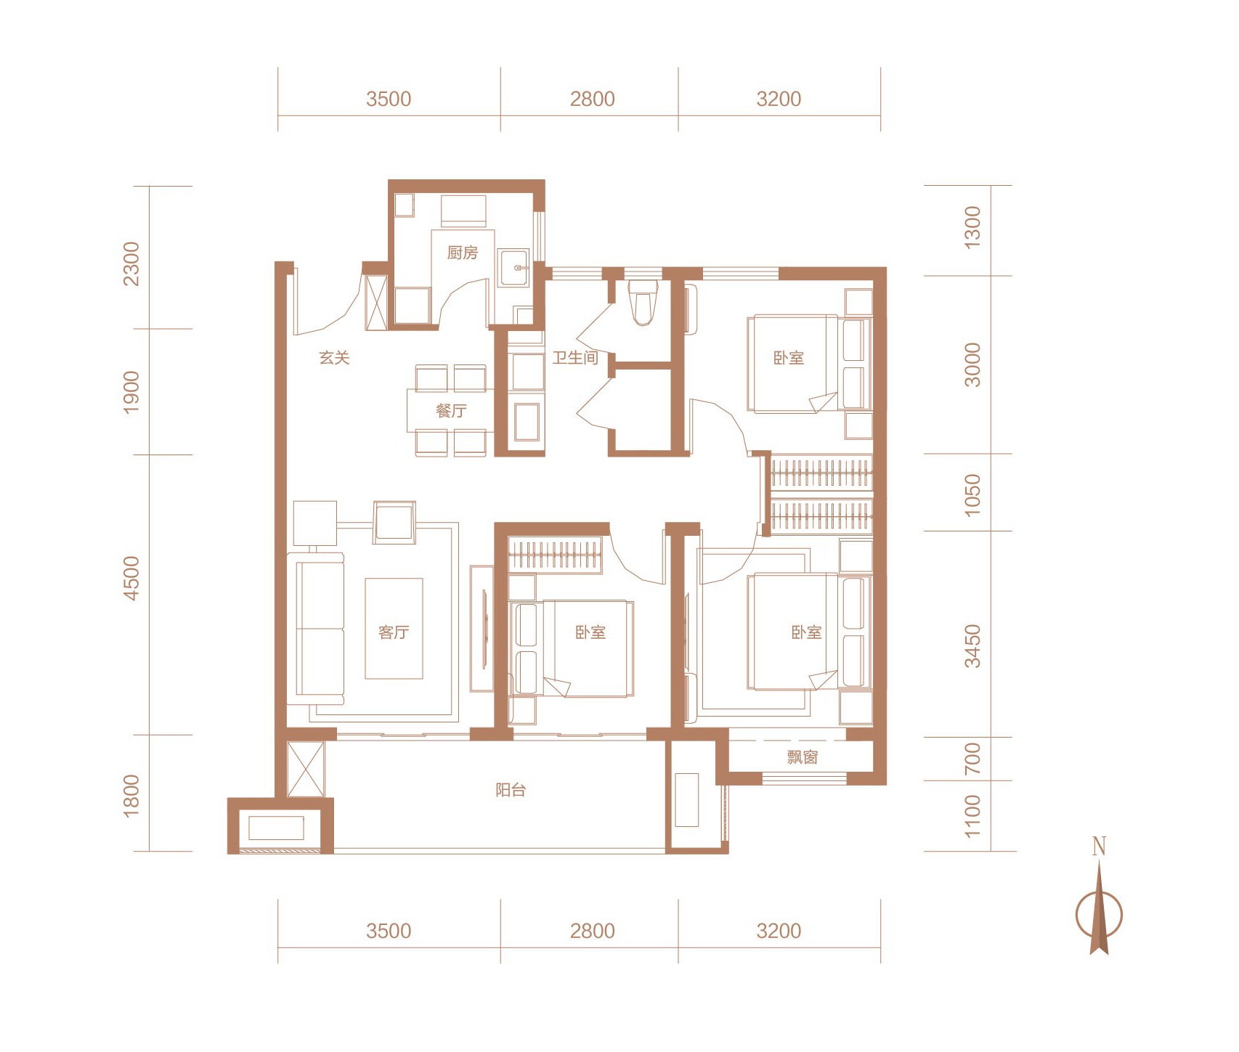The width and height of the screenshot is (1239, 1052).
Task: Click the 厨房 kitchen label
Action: point(463,253)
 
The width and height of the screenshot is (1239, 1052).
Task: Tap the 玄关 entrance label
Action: point(335,357)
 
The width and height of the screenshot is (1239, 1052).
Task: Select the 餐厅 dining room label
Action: point(451,411)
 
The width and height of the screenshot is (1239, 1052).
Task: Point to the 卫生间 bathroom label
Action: point(575,357)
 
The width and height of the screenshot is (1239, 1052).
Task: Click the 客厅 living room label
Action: point(394,632)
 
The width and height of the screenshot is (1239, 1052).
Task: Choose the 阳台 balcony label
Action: point(511,790)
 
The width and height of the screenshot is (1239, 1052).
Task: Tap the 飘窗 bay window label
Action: point(803,757)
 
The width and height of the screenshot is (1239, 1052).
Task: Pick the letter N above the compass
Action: point(1099,846)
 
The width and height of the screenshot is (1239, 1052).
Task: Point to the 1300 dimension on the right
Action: point(972,228)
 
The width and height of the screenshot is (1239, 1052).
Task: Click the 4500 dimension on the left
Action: point(131,578)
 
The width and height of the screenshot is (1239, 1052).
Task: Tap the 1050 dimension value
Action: point(972,494)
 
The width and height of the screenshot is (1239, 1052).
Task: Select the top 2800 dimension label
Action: point(592,99)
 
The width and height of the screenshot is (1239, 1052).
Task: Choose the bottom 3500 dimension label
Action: point(389,931)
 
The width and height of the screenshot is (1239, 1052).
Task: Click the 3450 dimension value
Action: point(972,646)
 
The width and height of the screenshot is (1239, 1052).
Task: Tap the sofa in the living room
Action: point(316,629)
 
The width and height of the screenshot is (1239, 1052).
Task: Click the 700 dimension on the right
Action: point(972,758)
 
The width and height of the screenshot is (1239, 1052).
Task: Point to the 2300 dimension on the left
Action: point(131,264)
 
